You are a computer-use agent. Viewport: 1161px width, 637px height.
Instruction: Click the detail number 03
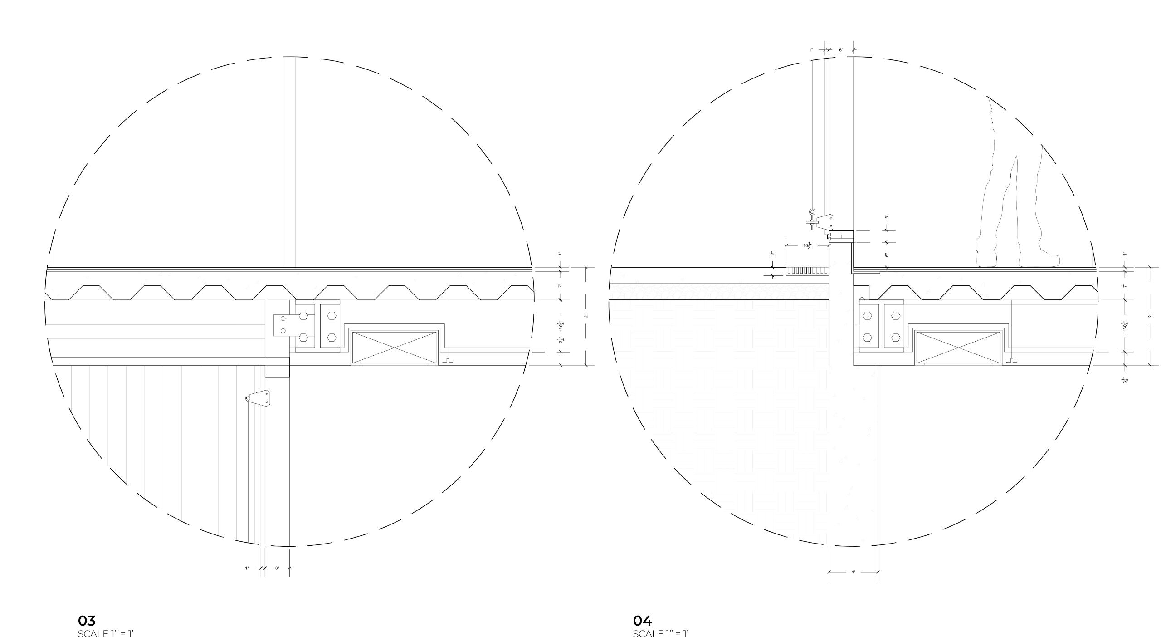tap(87, 620)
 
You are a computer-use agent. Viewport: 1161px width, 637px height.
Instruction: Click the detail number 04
tap(642, 620)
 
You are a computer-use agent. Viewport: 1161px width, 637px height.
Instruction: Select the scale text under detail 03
tap(106, 633)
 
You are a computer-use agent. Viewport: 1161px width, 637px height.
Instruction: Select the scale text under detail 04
tap(661, 633)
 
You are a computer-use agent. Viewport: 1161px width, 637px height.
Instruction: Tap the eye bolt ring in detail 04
tap(812, 211)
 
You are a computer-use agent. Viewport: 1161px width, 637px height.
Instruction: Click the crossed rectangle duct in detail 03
tap(394, 347)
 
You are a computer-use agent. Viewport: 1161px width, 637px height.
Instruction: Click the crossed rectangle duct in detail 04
tap(958, 348)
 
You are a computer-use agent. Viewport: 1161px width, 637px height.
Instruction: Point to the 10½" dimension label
tap(807, 246)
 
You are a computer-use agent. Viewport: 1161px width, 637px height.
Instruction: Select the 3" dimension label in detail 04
tap(887, 216)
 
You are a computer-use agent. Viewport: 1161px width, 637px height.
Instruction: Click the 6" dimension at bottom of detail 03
tap(277, 568)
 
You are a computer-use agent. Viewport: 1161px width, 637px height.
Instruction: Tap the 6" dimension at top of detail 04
tap(841, 50)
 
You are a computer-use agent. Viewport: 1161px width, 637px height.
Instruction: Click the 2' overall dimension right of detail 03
tap(586, 316)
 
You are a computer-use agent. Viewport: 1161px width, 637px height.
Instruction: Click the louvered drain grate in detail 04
tap(807, 271)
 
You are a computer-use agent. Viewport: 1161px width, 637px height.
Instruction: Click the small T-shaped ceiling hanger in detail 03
tap(448, 362)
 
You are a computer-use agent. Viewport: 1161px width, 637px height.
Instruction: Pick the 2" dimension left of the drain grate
tap(772, 254)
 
